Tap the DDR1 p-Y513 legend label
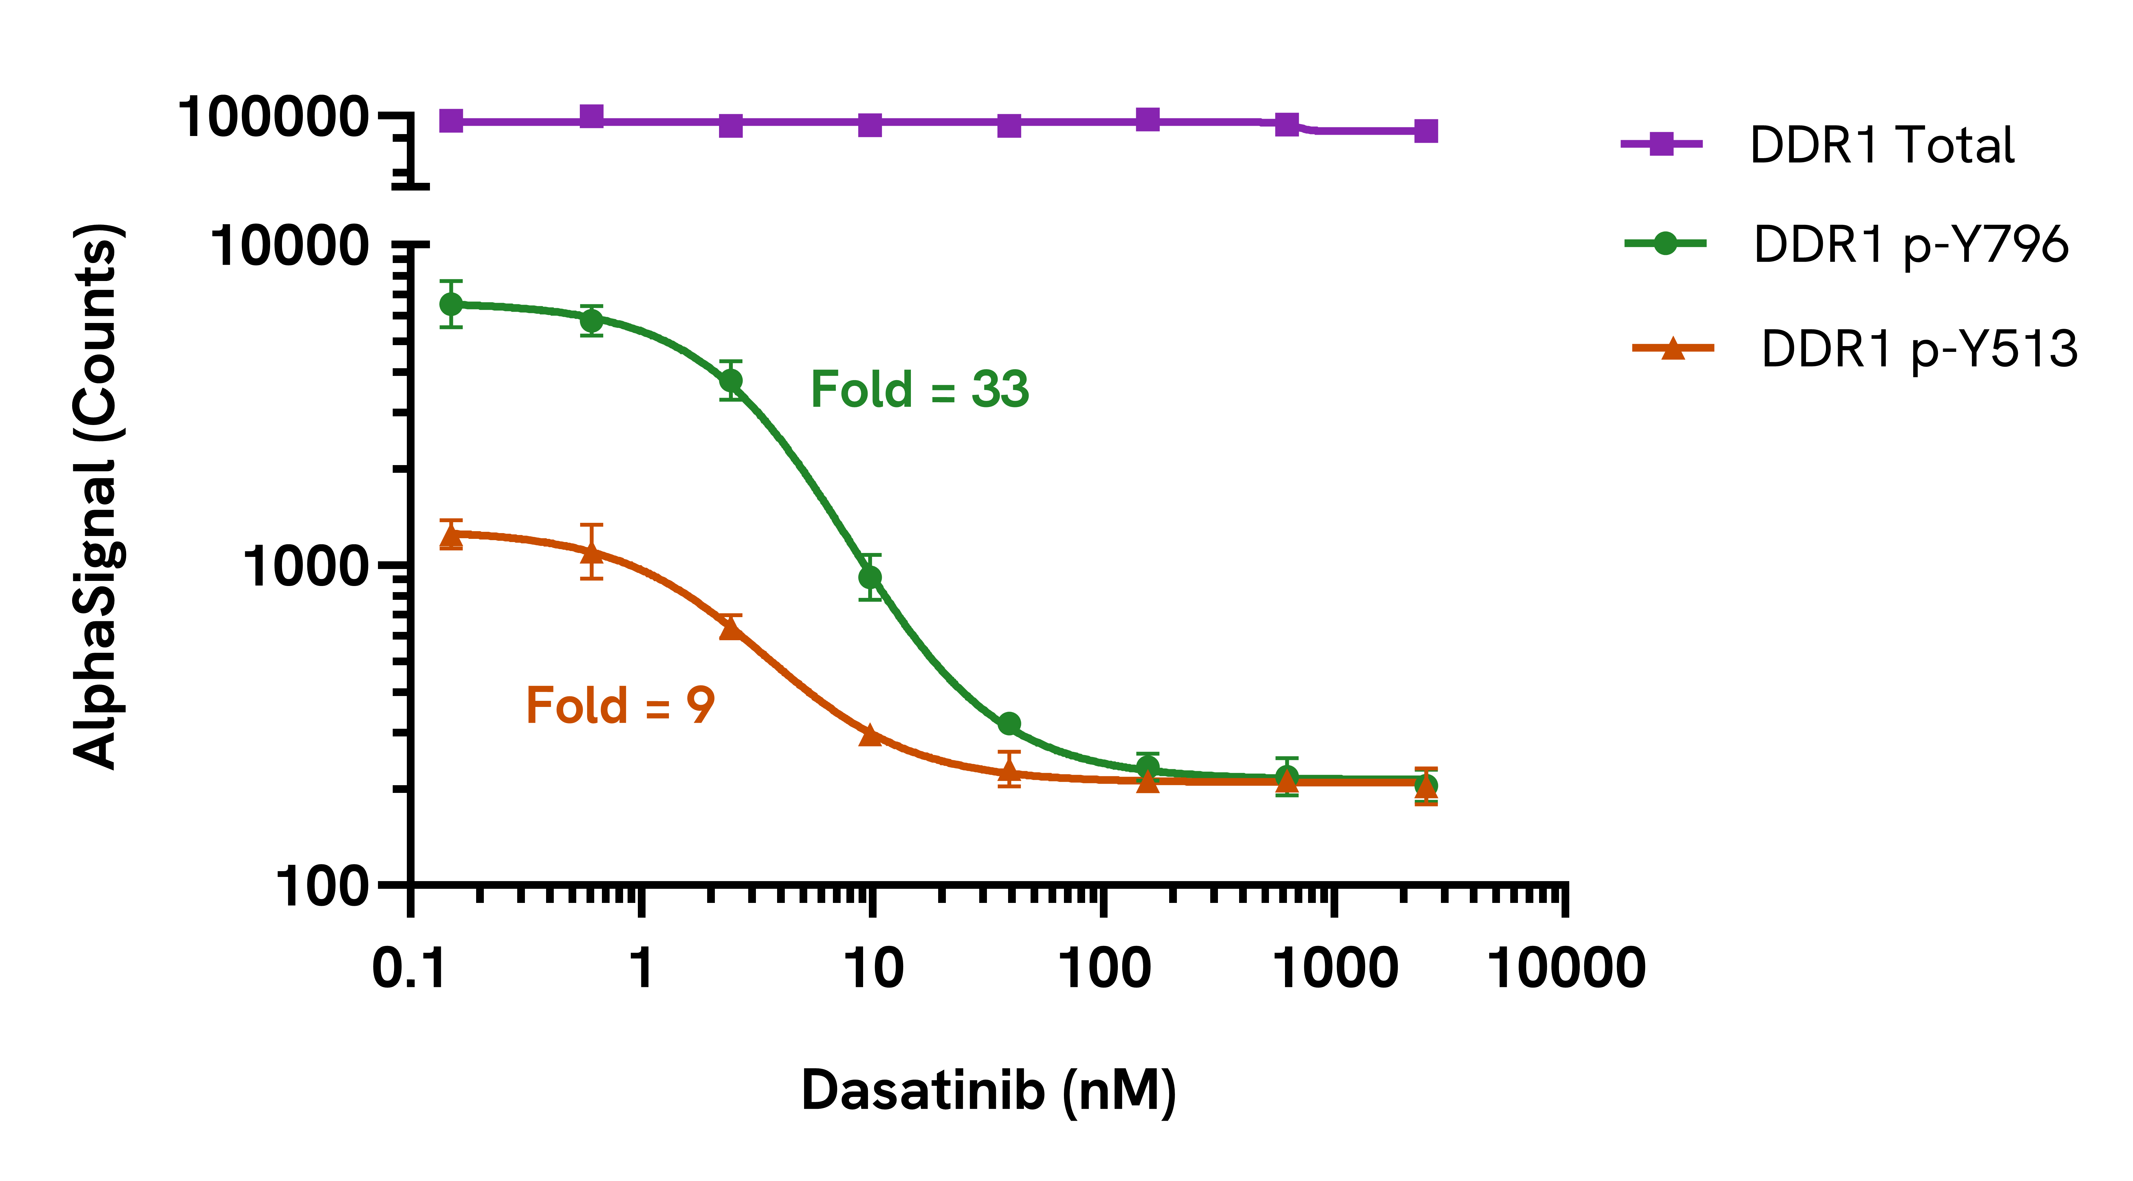[1919, 348]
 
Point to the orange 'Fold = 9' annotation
[619, 706]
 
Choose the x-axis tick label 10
[873, 968]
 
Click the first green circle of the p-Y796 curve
[451, 305]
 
